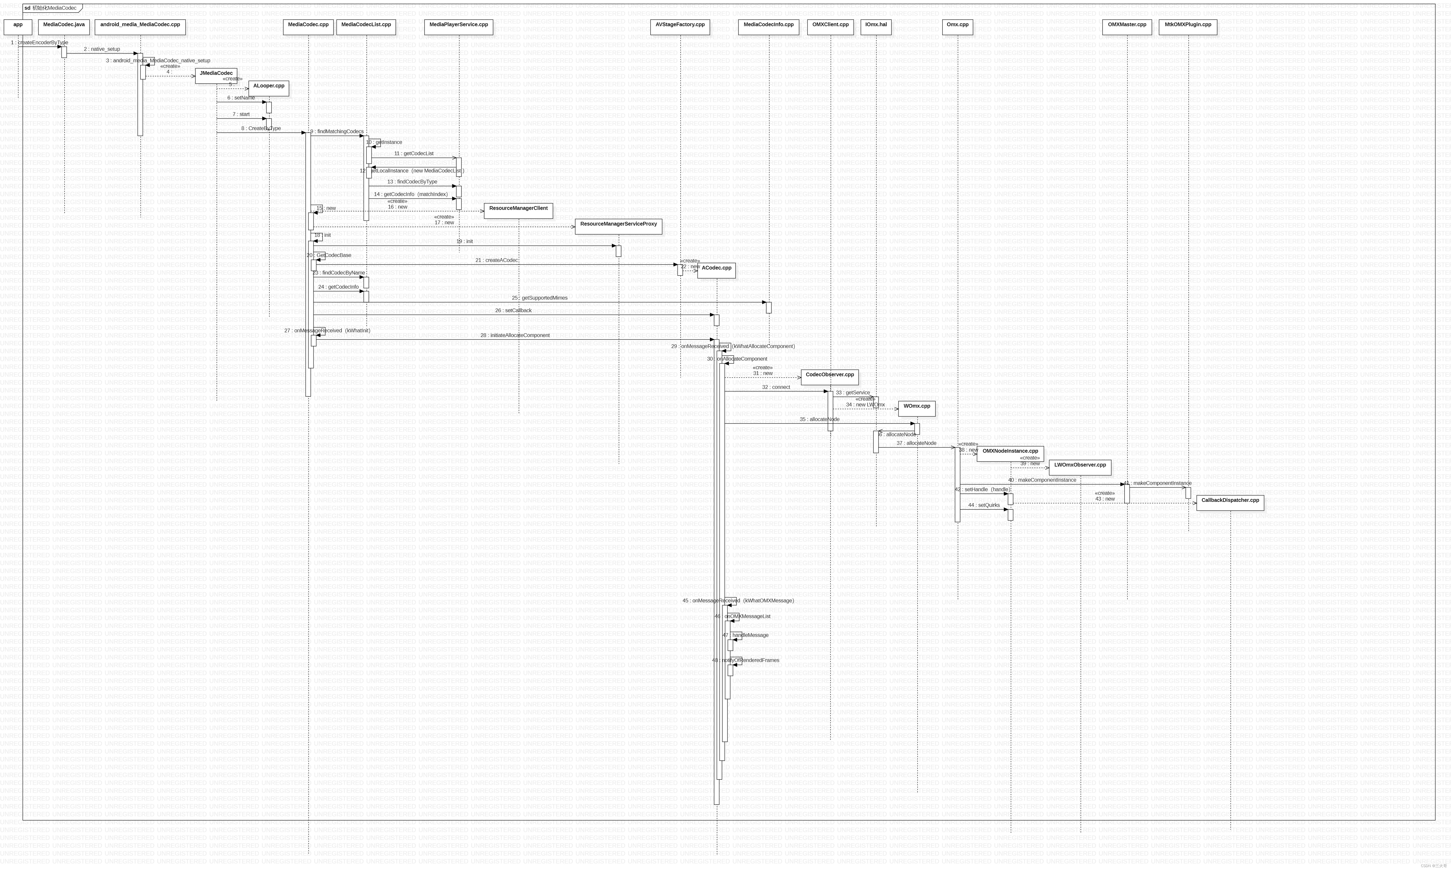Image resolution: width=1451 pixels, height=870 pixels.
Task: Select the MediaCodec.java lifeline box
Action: [x=64, y=27]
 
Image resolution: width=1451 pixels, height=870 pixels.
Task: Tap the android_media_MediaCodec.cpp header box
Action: [x=140, y=27]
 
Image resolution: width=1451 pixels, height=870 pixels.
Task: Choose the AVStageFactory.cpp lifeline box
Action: [x=680, y=27]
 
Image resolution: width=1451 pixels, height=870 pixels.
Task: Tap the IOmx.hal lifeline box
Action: [x=876, y=27]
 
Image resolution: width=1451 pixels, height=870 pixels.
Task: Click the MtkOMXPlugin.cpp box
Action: [x=1188, y=27]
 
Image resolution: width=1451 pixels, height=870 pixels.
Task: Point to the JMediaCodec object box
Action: [x=216, y=76]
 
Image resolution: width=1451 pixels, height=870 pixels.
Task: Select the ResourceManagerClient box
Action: [x=518, y=210]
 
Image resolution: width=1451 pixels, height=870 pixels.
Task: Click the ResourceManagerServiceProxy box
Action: [x=618, y=226]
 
